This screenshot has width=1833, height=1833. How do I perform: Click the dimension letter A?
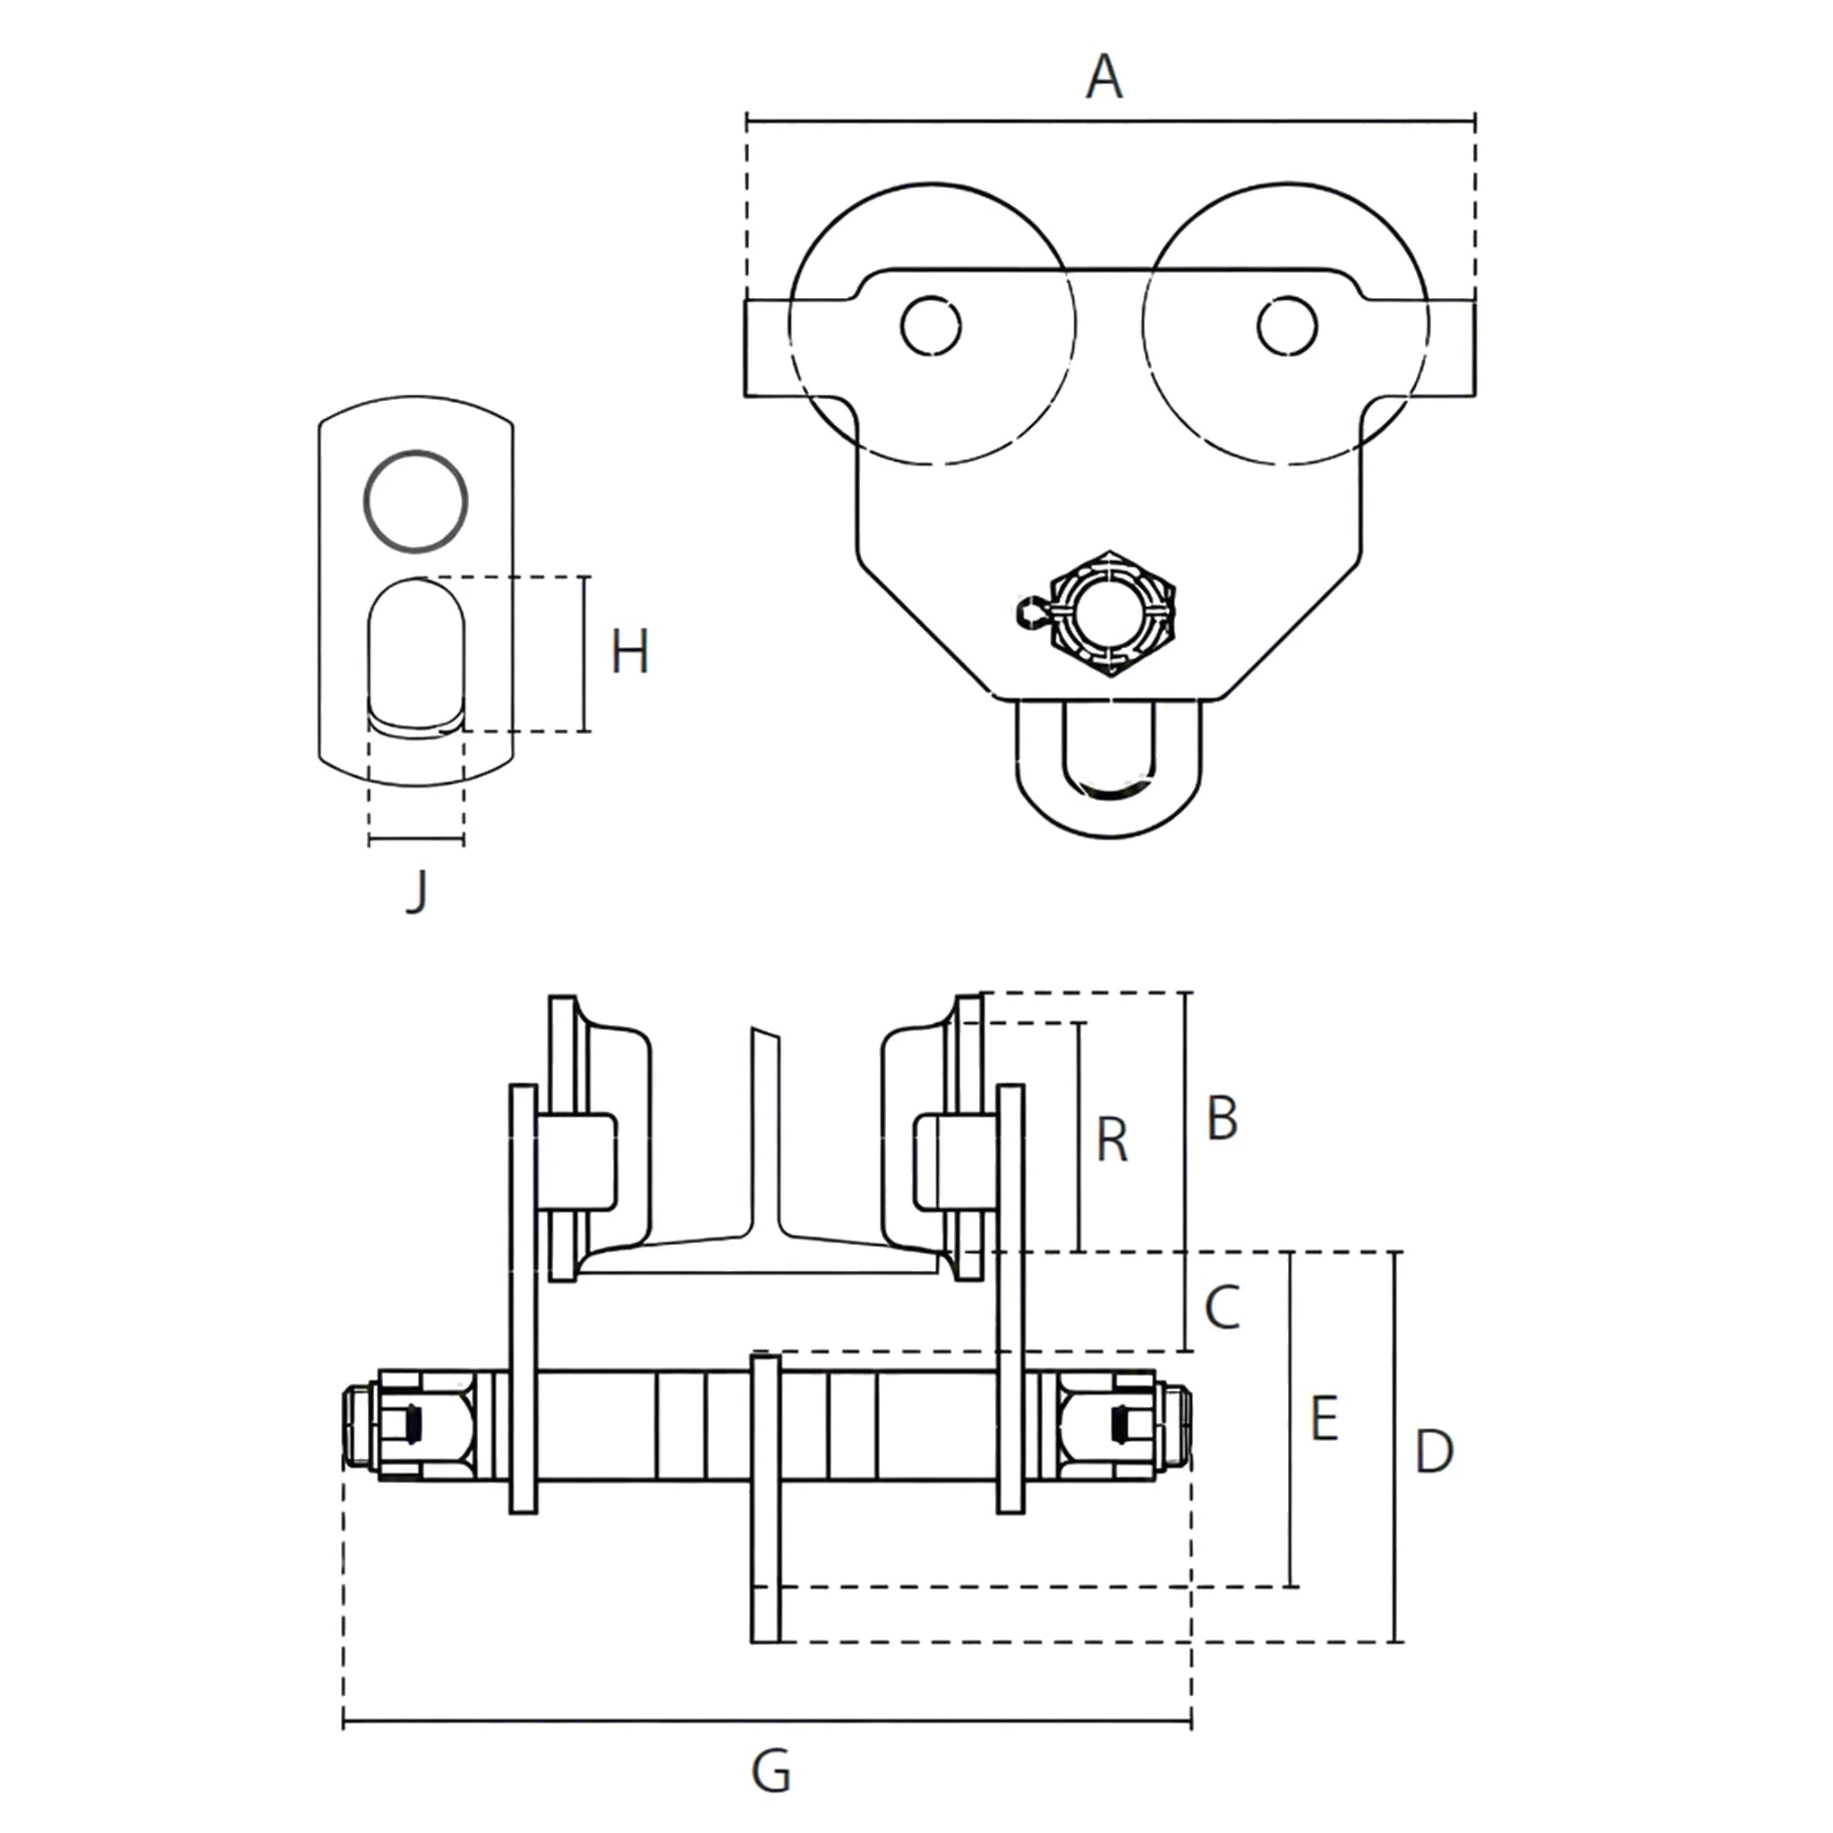pyautogui.click(x=1104, y=77)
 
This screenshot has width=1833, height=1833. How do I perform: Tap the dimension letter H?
pyautogui.click(x=630, y=652)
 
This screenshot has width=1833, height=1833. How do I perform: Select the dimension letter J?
pyautogui.click(x=416, y=891)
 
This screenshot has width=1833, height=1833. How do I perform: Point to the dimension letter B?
pyautogui.click(x=1222, y=1119)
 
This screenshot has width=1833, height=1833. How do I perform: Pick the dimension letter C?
pyautogui.click(x=1223, y=1308)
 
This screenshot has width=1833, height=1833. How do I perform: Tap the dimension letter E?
pyautogui.click(x=1324, y=1420)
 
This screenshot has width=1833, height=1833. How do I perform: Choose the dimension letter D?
pyautogui.click(x=1434, y=1452)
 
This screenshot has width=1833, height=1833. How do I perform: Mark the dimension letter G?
pyautogui.click(x=771, y=1771)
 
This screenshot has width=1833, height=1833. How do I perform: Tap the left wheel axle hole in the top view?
pyautogui.click(x=931, y=327)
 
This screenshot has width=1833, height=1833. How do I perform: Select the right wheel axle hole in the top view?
pyautogui.click(x=1286, y=327)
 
